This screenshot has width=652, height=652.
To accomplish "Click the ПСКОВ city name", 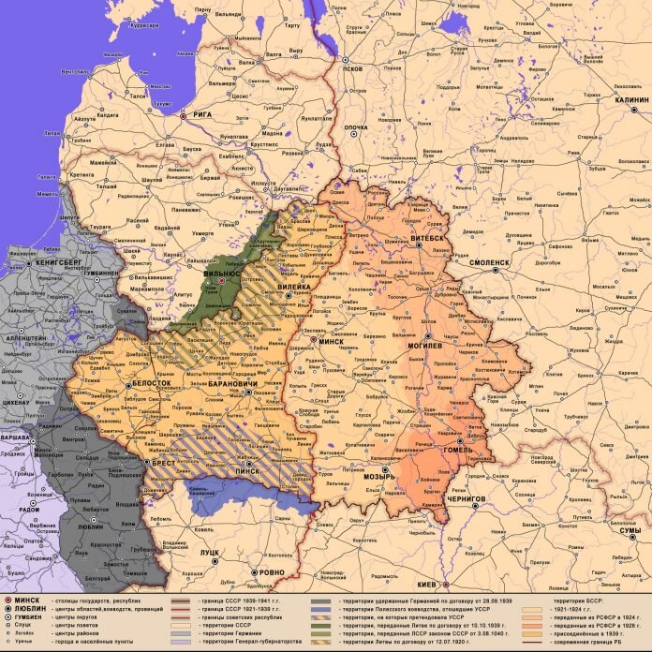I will coord(351,69).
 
